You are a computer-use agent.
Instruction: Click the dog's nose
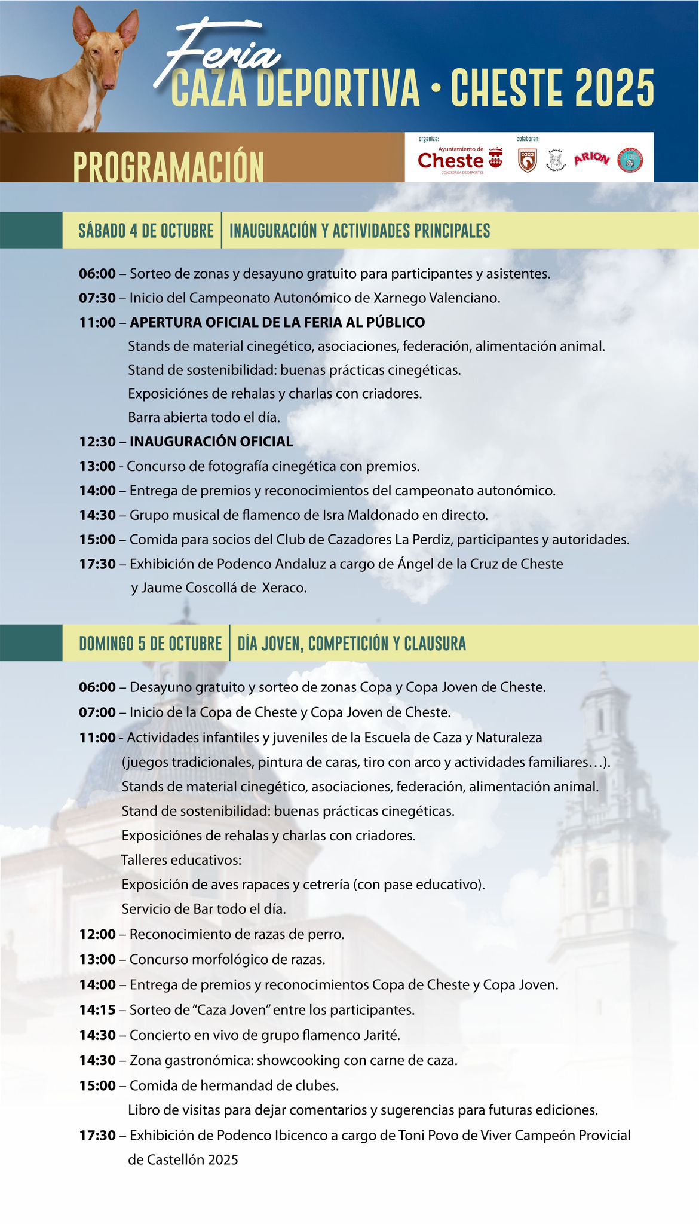click(109, 84)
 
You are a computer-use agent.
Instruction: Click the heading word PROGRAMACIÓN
click(168, 167)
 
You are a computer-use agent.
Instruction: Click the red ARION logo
click(591, 159)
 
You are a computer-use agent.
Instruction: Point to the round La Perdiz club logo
click(630, 160)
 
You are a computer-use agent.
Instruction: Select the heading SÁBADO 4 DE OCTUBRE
click(146, 231)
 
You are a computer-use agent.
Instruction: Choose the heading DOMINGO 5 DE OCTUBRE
click(150, 644)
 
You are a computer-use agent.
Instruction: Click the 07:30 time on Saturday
click(97, 298)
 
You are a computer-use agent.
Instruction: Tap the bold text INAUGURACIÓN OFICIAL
click(211, 442)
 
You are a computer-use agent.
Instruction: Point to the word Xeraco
click(284, 588)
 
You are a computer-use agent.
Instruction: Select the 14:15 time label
click(97, 1010)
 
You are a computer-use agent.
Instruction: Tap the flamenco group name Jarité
click(380, 1035)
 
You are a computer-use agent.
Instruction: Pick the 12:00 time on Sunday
click(97, 934)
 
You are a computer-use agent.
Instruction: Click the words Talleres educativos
click(182, 861)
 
